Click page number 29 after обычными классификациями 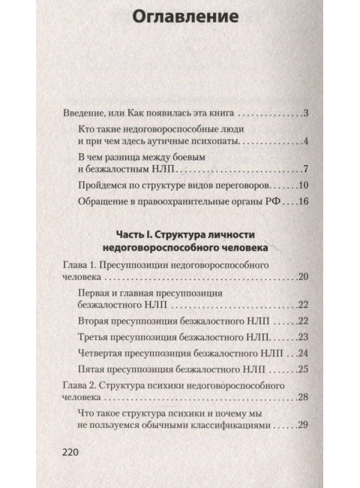point(304,426)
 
